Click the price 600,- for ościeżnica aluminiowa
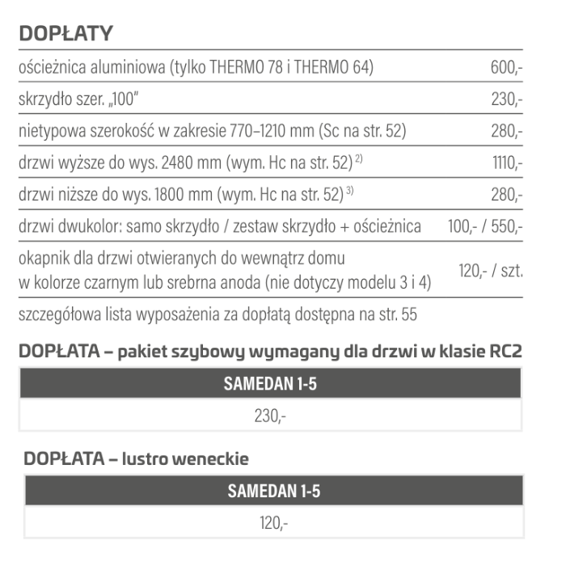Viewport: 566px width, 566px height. (506, 68)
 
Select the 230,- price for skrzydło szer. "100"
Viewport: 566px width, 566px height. (506, 99)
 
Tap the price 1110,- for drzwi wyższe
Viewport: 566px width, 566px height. (508, 163)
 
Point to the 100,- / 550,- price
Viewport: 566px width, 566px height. (485, 226)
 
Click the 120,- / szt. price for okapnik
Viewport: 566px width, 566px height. (491, 270)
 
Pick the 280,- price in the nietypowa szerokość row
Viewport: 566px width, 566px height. (506, 131)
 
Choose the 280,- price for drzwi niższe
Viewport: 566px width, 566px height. (506, 194)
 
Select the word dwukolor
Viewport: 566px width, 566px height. (92, 226)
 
